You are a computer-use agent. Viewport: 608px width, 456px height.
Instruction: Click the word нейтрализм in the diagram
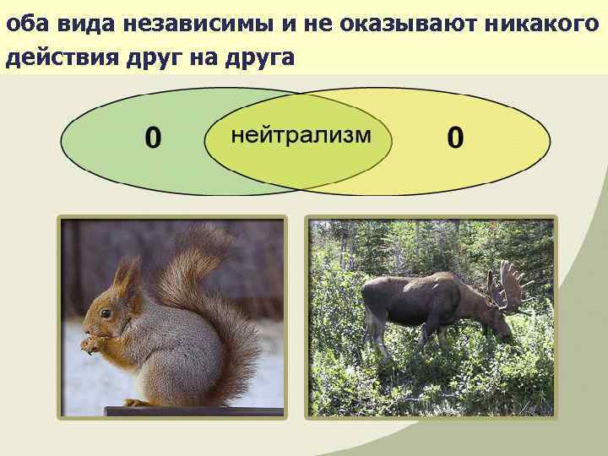click(x=301, y=136)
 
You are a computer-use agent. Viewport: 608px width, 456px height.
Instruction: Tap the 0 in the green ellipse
click(x=153, y=138)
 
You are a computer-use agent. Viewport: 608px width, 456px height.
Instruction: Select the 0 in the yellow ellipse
click(x=455, y=138)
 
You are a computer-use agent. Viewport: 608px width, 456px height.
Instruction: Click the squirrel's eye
click(x=106, y=313)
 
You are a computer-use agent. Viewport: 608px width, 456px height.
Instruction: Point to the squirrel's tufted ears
click(x=127, y=274)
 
